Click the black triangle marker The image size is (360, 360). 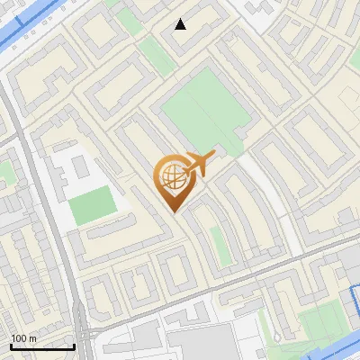pos(181,24)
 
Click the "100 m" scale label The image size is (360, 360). pos(23,338)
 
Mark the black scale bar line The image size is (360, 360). pos(42,346)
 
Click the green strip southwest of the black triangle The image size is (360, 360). pos(157,56)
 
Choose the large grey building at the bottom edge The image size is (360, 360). pos(193,343)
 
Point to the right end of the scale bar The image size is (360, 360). pos(74,346)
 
